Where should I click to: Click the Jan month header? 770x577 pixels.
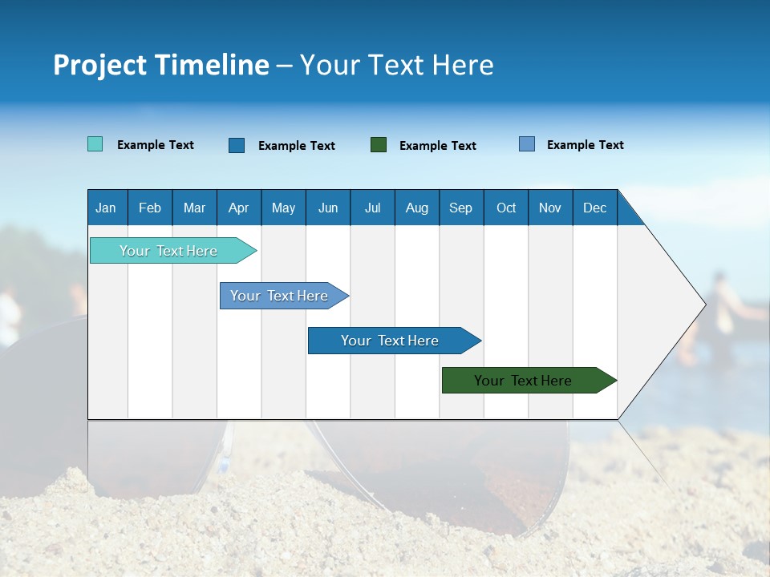tap(106, 208)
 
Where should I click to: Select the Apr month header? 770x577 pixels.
tap(238, 208)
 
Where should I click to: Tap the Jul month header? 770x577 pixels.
tap(372, 208)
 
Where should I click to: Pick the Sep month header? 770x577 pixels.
tap(460, 208)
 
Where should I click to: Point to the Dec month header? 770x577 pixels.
tap(594, 208)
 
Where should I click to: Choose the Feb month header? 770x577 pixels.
tap(150, 208)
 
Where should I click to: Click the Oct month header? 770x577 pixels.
tap(506, 208)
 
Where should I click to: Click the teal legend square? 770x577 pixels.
tap(95, 144)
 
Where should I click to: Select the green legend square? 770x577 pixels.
tap(379, 144)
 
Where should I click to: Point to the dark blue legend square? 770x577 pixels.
tap(237, 145)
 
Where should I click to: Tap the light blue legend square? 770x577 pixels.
tap(527, 144)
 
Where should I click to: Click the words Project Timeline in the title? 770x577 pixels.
tap(161, 65)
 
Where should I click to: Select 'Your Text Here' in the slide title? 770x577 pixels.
tap(396, 65)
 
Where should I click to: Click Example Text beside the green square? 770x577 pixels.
tap(437, 146)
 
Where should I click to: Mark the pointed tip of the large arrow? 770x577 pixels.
tap(704, 304)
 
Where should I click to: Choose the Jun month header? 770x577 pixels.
tap(328, 208)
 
